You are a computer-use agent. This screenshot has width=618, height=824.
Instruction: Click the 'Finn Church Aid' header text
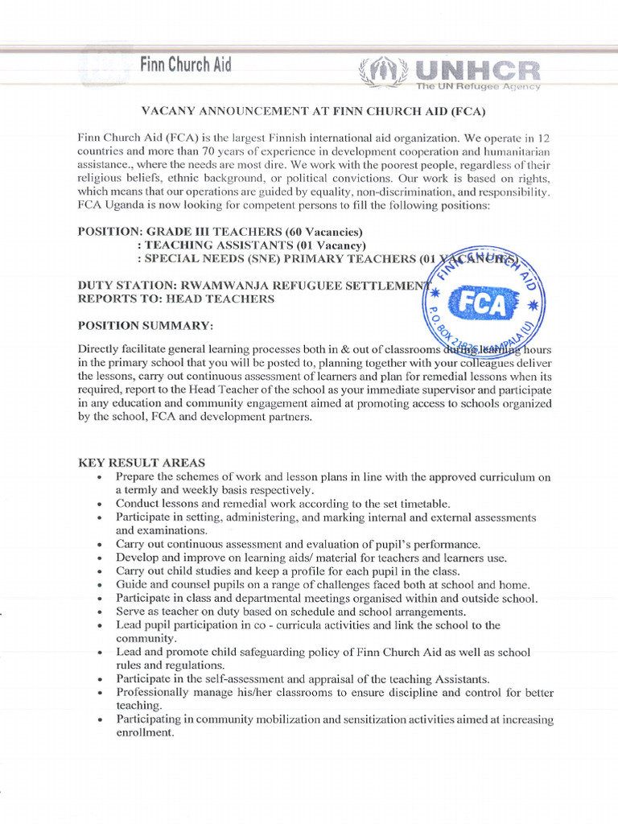click(x=185, y=65)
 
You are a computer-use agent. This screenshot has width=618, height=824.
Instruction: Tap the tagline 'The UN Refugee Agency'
click(x=478, y=86)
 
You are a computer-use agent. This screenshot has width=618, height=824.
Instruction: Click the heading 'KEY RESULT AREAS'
click(x=141, y=463)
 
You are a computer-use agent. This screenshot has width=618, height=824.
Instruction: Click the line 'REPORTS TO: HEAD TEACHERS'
click(x=175, y=299)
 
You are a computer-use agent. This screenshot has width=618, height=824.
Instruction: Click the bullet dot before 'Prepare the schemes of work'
click(x=98, y=478)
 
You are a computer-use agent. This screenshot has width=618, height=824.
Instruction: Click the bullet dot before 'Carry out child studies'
click(x=98, y=571)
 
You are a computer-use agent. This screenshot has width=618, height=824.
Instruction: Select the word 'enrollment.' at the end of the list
click(x=145, y=733)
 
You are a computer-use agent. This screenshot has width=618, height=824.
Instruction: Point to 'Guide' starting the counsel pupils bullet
click(x=130, y=585)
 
